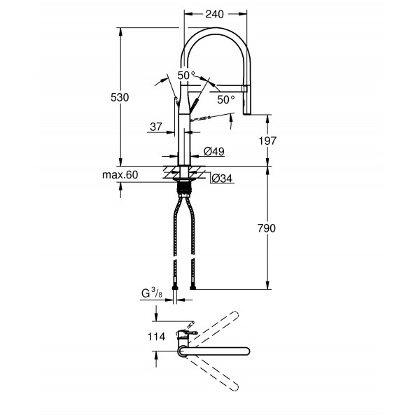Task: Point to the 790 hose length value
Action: [x=267, y=228]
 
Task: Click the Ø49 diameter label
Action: [x=213, y=152]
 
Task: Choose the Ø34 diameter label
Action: [x=221, y=178]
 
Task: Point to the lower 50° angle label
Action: [x=225, y=99]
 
